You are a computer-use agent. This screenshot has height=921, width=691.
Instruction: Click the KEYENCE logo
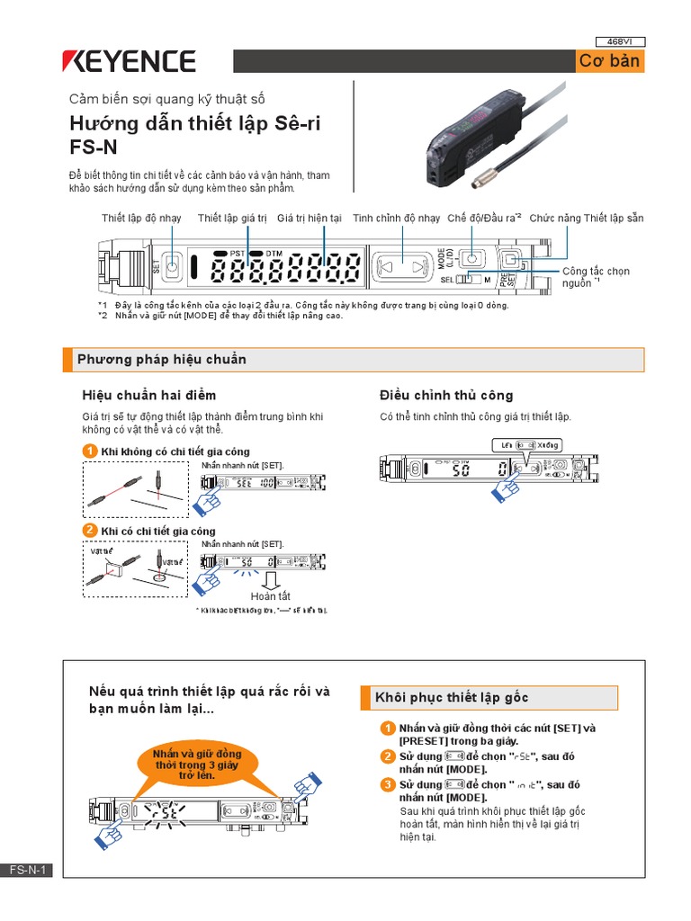[x=128, y=61]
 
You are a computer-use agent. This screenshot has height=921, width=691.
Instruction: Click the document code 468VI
[x=621, y=40]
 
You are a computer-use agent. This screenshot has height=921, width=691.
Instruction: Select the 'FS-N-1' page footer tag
[x=27, y=870]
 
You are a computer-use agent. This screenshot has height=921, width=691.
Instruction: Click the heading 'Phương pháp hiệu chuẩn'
[x=162, y=360]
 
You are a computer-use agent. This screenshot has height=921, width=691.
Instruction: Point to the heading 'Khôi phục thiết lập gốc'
[x=452, y=698]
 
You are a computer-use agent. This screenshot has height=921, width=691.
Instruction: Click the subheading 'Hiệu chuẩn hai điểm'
[x=149, y=395]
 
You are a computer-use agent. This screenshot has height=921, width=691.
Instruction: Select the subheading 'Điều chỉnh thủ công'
[x=446, y=395]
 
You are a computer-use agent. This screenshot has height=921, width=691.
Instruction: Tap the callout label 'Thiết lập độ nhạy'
[x=141, y=219]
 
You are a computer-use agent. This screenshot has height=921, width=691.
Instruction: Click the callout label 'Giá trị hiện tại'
[x=309, y=219]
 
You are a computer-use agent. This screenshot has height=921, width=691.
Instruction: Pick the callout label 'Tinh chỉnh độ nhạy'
[x=396, y=219]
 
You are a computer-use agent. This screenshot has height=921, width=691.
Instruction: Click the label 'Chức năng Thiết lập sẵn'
[x=587, y=219]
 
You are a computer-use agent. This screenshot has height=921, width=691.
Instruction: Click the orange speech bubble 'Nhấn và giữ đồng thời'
[x=197, y=764]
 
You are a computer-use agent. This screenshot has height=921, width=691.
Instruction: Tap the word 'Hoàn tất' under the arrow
[x=271, y=595]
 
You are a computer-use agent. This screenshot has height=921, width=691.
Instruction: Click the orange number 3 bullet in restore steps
[x=387, y=784]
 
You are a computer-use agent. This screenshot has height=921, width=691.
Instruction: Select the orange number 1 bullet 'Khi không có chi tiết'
[x=90, y=451]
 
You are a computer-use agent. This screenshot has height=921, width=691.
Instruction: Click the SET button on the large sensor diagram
[x=174, y=267]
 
